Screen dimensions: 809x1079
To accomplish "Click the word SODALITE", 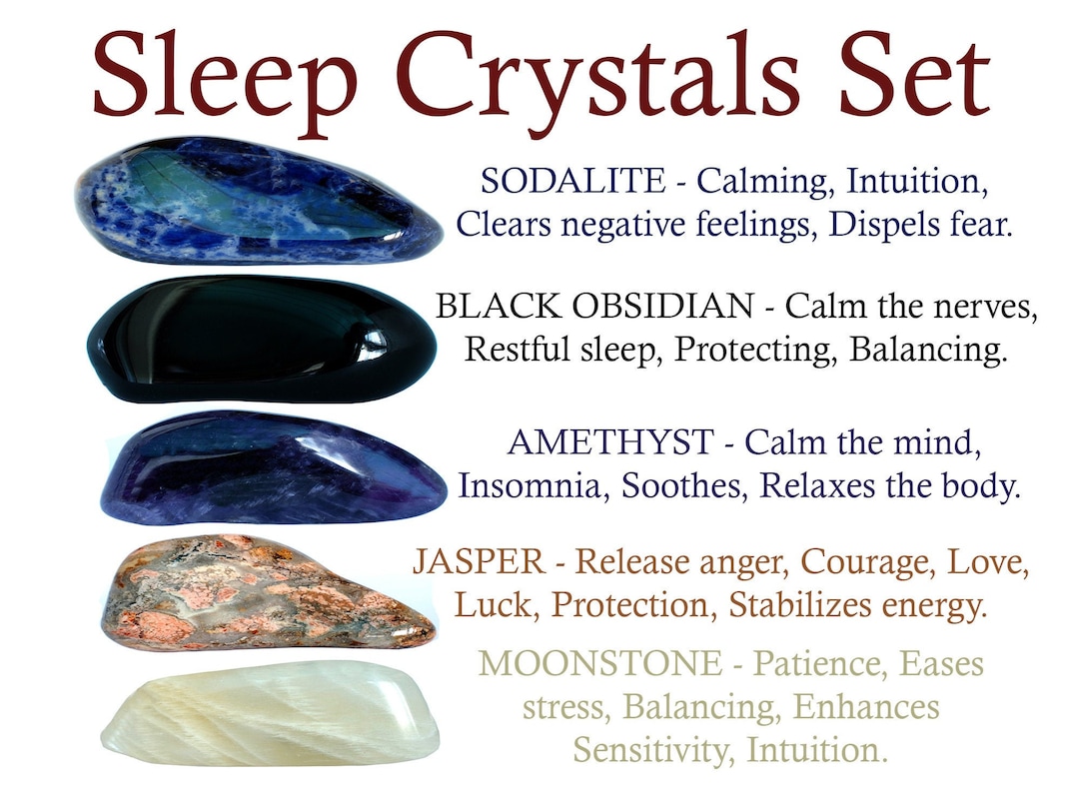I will [x=571, y=181].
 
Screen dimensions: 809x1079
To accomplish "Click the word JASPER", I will [x=479, y=562].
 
